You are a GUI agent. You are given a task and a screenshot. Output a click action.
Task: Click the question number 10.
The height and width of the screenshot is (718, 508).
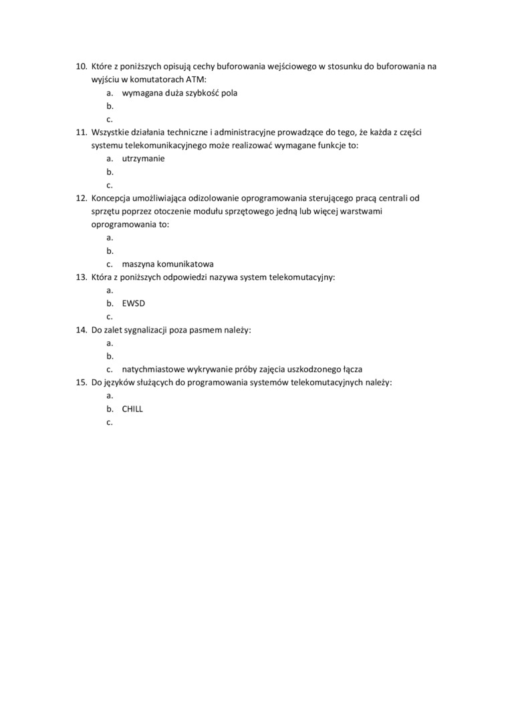[81, 67]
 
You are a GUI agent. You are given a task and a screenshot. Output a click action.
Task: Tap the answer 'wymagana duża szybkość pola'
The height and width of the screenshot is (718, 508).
[180, 93]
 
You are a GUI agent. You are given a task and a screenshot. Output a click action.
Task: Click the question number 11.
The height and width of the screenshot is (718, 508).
[81, 132]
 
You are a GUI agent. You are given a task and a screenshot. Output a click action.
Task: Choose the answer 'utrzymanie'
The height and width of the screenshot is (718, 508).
[143, 158]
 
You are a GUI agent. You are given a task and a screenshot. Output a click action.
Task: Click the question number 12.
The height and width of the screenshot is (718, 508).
[81, 198]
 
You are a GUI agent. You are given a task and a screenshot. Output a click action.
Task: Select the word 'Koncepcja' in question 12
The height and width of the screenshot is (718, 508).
[112, 198]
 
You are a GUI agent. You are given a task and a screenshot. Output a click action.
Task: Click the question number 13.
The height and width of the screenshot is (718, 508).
[81, 277]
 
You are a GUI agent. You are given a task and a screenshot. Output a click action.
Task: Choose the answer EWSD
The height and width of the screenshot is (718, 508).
[134, 303]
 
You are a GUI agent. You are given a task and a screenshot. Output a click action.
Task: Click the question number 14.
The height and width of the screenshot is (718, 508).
[81, 329]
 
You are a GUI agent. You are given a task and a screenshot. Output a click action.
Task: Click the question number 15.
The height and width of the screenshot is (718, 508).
[81, 382]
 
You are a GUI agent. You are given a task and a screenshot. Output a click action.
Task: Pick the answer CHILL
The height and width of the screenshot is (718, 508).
[132, 409]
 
